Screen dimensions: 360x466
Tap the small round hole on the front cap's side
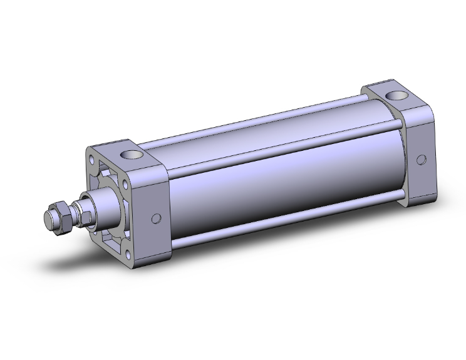coord(157,219)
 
